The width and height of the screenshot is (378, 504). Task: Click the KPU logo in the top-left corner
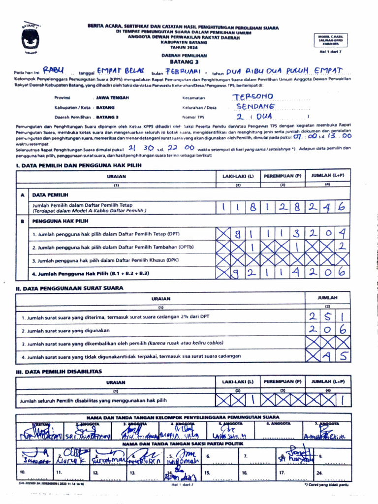[30, 37]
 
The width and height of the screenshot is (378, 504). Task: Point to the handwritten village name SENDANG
[255, 106]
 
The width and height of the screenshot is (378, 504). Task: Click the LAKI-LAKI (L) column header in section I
[238, 176]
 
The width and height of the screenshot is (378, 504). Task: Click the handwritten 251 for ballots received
[328, 317]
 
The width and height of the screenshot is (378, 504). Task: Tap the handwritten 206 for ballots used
[328, 330]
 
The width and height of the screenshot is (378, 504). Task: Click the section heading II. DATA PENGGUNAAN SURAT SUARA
[69, 288]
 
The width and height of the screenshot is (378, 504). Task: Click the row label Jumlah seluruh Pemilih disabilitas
[94, 401]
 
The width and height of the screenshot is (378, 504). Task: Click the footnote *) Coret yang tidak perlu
[326, 485]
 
